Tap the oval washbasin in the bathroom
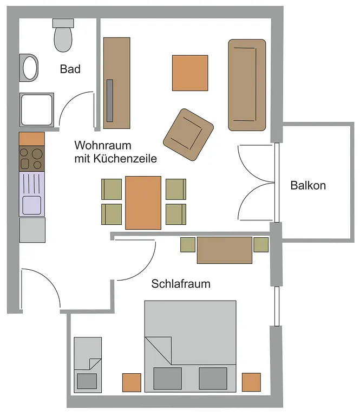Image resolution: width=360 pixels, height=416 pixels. coord(30,68)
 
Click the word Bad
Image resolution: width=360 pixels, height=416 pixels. coord(70,69)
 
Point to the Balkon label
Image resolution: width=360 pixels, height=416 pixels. coord(308,185)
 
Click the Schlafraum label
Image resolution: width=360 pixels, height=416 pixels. coord(181,284)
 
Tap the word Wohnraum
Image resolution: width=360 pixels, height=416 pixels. coord(103,146)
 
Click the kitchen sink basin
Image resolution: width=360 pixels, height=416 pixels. coord(31,205)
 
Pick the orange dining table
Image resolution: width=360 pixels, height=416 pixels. coord(143,202)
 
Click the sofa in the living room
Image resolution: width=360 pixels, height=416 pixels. coord(247,85)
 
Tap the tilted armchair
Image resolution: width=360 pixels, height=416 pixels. coord(188,135)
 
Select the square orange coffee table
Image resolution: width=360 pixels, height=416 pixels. coord(190,73)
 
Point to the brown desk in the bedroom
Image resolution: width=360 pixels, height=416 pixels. coord(224,250)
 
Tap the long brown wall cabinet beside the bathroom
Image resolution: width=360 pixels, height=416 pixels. coord(117,83)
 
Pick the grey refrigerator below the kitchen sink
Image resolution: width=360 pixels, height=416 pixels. coord(32,230)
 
